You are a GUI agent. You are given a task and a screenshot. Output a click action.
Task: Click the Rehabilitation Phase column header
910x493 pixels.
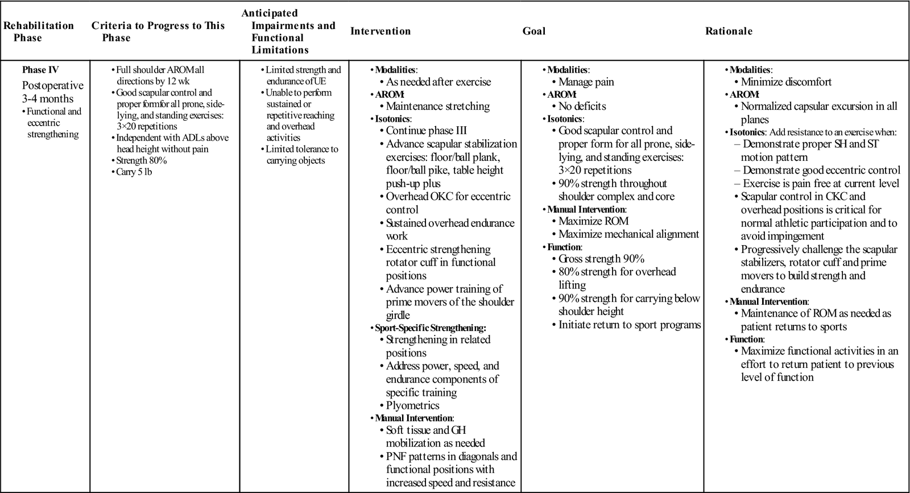coord(39,31)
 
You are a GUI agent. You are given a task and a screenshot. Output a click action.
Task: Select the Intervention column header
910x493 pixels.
coord(380,31)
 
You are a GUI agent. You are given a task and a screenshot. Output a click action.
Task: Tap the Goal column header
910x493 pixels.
coord(533,31)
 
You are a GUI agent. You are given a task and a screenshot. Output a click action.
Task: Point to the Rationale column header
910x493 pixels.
coord(729,31)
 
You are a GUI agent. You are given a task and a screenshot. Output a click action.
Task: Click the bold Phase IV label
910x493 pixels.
coord(40,70)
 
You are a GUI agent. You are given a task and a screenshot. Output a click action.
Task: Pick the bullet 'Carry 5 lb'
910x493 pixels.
coord(134,172)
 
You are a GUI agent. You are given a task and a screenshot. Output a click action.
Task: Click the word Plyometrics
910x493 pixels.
coord(412,405)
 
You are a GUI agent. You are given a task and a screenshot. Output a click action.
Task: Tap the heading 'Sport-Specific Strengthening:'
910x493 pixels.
coord(431,328)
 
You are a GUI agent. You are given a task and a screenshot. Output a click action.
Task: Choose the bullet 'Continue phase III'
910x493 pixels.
coord(426,130)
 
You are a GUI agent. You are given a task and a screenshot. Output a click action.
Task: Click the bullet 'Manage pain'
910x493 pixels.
coord(586,82)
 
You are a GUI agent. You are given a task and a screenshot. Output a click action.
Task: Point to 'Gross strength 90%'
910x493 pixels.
coord(601,259)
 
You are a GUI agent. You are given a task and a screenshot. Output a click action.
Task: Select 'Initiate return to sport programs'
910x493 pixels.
coord(630,325)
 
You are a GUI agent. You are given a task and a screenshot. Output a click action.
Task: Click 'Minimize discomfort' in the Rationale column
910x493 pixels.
coord(786,82)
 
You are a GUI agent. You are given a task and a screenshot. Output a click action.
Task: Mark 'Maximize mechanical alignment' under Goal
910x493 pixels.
coord(628,234)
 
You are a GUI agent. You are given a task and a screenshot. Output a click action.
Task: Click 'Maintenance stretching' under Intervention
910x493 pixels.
coord(437,106)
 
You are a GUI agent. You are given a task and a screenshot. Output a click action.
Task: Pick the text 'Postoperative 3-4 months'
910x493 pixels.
coord(52,92)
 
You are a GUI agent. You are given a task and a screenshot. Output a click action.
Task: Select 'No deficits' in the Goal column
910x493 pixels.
coord(582,106)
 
